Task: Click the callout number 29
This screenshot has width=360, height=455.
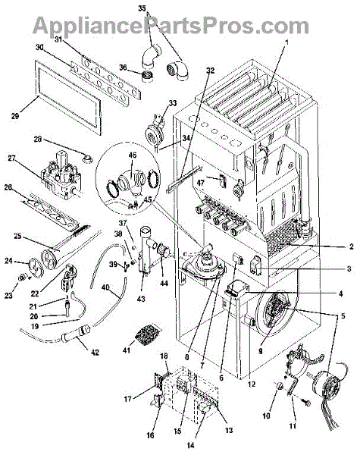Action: click(x=15, y=116)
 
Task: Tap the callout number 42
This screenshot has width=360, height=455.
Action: click(x=95, y=353)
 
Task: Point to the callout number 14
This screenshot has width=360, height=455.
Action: click(x=190, y=445)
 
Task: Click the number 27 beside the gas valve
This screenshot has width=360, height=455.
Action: click(x=11, y=158)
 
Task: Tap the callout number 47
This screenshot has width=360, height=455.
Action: click(x=200, y=183)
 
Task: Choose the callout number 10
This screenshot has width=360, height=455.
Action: click(x=266, y=416)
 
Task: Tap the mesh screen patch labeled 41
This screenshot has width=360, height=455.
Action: click(x=149, y=333)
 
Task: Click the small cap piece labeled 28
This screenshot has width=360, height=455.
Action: click(x=87, y=158)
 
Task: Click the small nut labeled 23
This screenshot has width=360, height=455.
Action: click(x=22, y=278)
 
